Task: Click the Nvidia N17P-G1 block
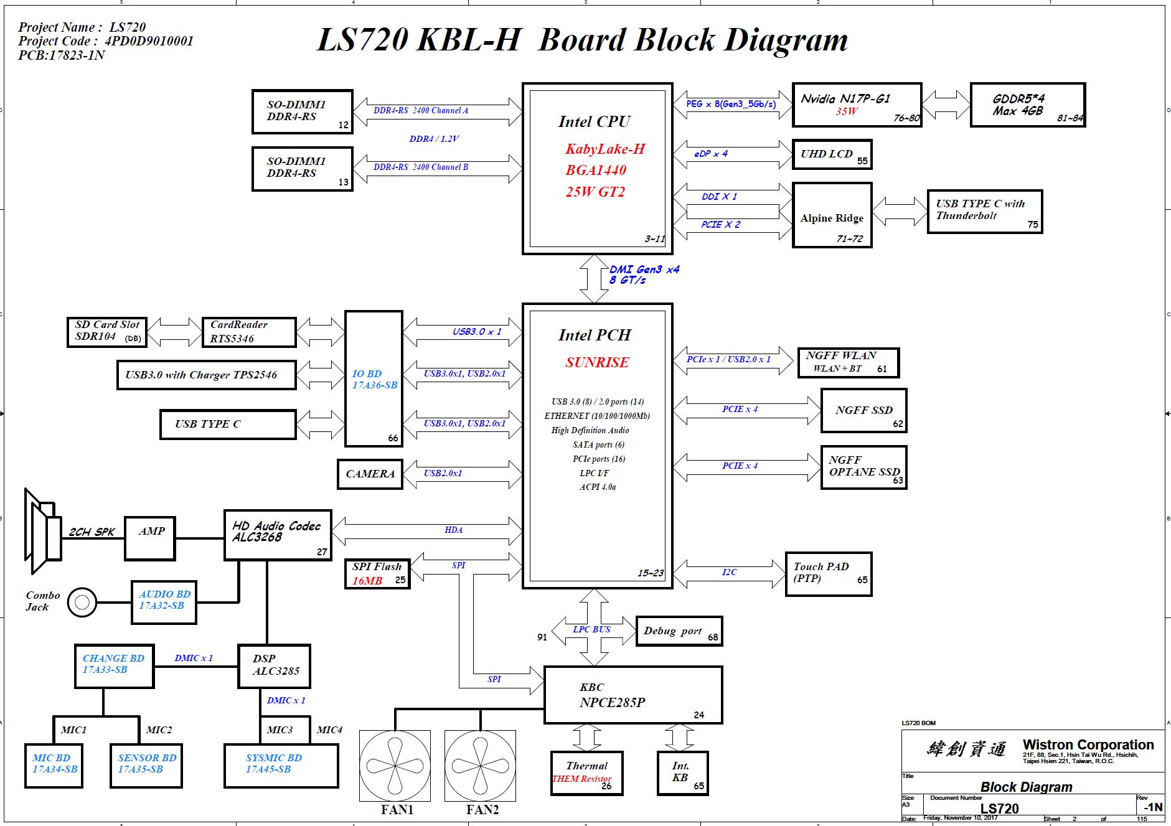[x=857, y=105]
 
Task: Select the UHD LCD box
[x=832, y=154]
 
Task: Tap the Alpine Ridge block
[x=832, y=215]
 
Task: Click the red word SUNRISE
[x=597, y=362]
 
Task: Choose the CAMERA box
[x=370, y=474]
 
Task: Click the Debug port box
[x=679, y=631]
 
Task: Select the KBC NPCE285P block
[x=633, y=695]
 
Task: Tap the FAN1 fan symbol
[x=395, y=766]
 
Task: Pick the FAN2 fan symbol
[x=480, y=766]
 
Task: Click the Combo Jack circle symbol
[x=82, y=602]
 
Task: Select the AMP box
[x=150, y=538]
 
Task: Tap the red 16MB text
[x=367, y=581]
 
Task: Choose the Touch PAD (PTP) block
[x=828, y=574]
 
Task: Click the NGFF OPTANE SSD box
[x=863, y=467]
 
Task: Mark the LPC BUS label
[x=591, y=629]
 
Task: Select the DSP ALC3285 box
[x=274, y=666]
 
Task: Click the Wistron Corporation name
[x=1088, y=745]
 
